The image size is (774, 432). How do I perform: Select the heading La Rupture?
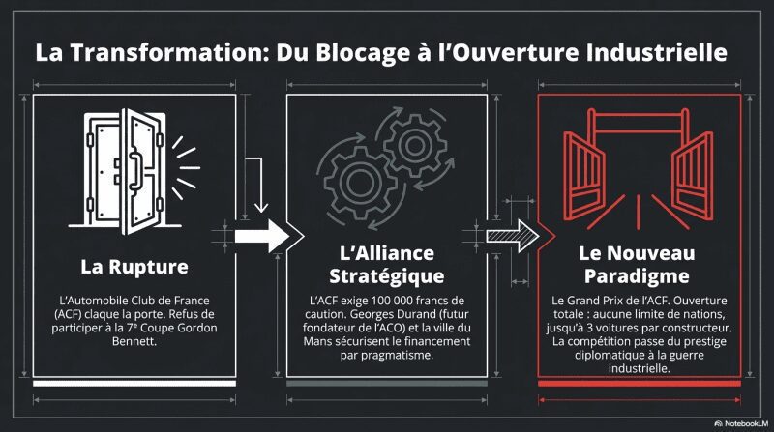(x=134, y=267)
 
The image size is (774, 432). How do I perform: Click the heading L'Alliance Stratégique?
(x=386, y=265)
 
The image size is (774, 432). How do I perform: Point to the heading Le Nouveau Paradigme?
(x=637, y=265)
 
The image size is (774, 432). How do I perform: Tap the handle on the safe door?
(x=134, y=171)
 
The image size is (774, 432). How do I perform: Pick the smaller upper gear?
(x=415, y=145)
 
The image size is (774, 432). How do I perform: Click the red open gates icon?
(x=639, y=167)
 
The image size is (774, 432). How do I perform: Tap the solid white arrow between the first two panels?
(x=261, y=236)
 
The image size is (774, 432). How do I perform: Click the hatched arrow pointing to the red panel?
(x=513, y=236)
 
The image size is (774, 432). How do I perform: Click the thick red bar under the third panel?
(x=640, y=383)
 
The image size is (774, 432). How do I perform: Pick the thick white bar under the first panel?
(x=134, y=383)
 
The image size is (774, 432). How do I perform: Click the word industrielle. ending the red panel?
(x=639, y=368)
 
